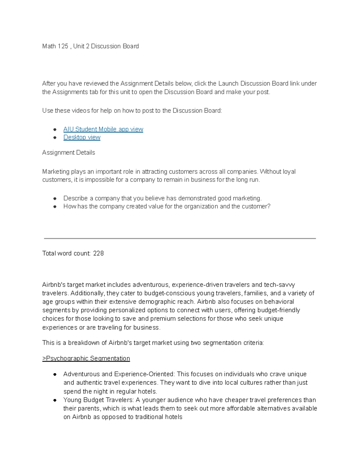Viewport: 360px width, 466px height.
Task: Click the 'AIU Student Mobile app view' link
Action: (x=103, y=129)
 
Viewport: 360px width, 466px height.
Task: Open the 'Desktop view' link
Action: (x=82, y=137)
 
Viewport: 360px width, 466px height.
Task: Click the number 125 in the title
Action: (x=63, y=46)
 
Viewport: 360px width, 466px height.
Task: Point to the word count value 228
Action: (x=98, y=254)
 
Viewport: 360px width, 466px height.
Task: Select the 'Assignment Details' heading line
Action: (x=69, y=153)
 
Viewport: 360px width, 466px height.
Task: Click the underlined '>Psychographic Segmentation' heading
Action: (x=86, y=359)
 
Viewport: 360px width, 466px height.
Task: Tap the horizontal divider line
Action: (x=180, y=239)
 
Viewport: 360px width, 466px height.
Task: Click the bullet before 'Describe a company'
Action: (x=55, y=199)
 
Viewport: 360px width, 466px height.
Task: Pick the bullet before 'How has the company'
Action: (x=55, y=207)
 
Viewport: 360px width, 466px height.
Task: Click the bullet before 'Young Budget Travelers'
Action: (x=55, y=400)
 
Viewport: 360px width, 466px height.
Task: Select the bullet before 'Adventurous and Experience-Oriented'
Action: (x=55, y=374)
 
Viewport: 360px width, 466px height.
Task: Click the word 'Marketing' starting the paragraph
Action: (x=56, y=172)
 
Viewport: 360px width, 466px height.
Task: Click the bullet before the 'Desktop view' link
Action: (x=55, y=138)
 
